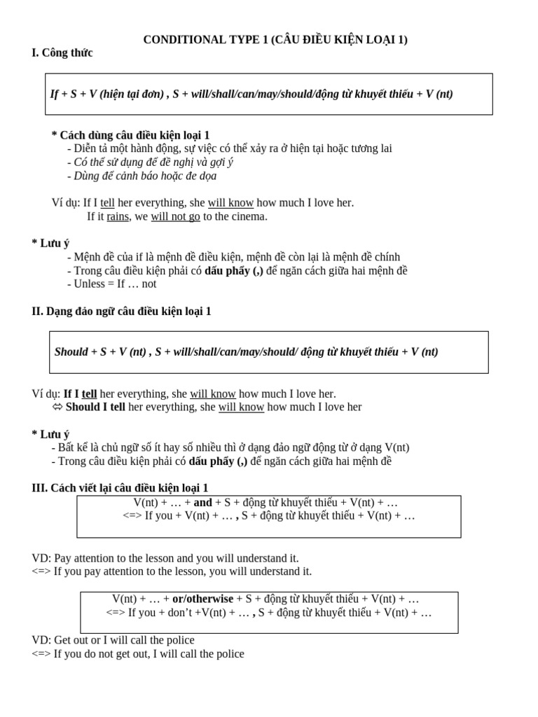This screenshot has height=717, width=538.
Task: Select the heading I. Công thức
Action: tap(62, 53)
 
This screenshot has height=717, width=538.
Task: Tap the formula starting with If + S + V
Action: tap(251, 94)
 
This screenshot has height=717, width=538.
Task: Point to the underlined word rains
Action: tap(118, 217)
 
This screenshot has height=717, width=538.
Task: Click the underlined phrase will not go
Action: tap(175, 217)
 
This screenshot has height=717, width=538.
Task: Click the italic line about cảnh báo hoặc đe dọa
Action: tap(145, 176)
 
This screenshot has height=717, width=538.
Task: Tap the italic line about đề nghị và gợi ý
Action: tap(153, 162)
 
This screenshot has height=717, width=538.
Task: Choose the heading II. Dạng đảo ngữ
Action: tap(121, 312)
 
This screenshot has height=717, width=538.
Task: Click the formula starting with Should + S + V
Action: tap(246, 352)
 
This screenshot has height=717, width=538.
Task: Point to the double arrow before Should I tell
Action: tap(57, 408)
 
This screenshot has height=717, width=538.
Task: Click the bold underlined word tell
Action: tap(90, 394)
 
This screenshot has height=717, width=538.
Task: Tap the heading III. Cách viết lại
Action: tap(120, 488)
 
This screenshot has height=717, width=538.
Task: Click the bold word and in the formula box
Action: tap(202, 503)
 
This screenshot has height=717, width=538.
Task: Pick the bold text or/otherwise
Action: tap(202, 599)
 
